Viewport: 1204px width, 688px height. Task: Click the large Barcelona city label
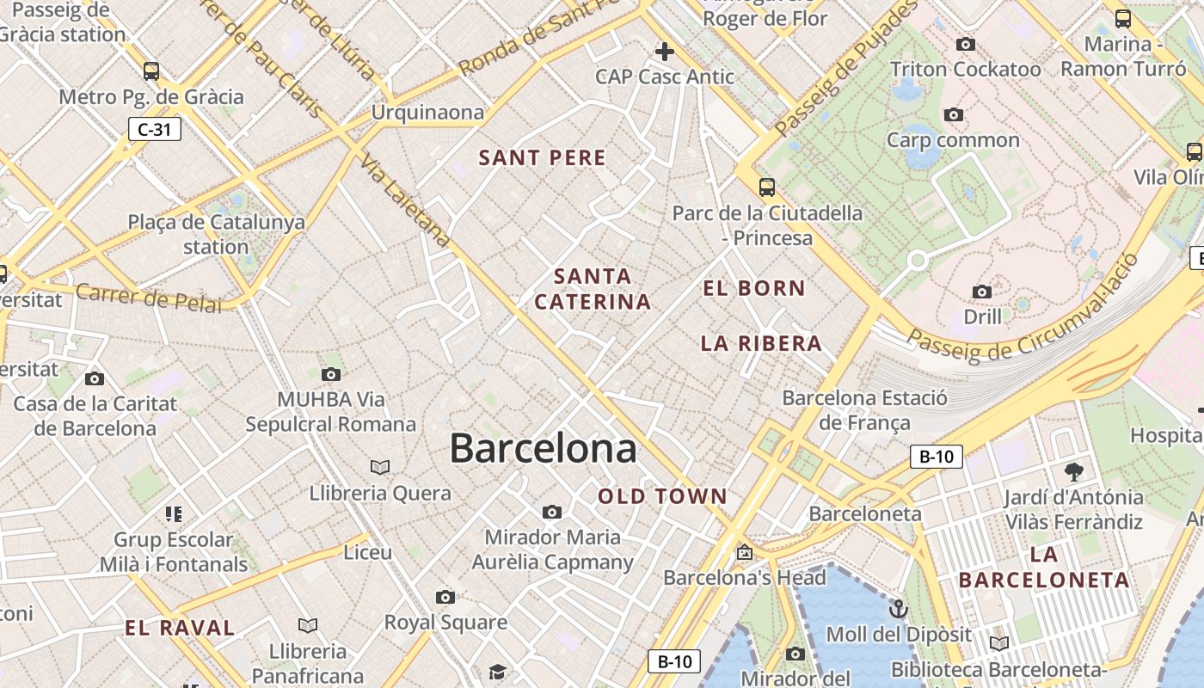pyautogui.click(x=543, y=449)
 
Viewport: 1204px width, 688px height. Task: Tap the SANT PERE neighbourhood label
pyautogui.click(x=542, y=157)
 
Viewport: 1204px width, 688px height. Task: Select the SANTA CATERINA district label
pyautogui.click(x=593, y=289)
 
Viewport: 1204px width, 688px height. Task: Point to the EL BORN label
pyautogui.click(x=754, y=288)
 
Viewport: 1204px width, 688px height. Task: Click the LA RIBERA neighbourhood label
pyautogui.click(x=761, y=343)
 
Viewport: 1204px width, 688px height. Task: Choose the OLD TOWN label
pyautogui.click(x=662, y=496)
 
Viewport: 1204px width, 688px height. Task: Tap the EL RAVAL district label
pyautogui.click(x=180, y=628)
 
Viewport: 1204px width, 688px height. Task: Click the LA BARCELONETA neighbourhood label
pyautogui.click(x=1044, y=567)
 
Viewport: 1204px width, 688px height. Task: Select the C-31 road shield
pyautogui.click(x=155, y=130)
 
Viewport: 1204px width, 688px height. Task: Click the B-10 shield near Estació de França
pyautogui.click(x=936, y=457)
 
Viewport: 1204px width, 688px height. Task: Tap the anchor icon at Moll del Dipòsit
pyautogui.click(x=898, y=610)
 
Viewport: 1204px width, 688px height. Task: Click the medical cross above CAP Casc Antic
pyautogui.click(x=664, y=52)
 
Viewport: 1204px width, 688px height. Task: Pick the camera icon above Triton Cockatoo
pyautogui.click(x=965, y=44)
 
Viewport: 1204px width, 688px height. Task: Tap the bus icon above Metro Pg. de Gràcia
pyautogui.click(x=151, y=71)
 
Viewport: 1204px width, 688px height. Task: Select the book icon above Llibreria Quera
pyautogui.click(x=380, y=467)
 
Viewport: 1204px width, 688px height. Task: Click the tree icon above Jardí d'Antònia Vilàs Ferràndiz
pyautogui.click(x=1073, y=471)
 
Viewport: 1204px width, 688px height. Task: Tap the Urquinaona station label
pyautogui.click(x=427, y=113)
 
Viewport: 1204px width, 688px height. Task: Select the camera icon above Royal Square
pyautogui.click(x=445, y=597)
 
